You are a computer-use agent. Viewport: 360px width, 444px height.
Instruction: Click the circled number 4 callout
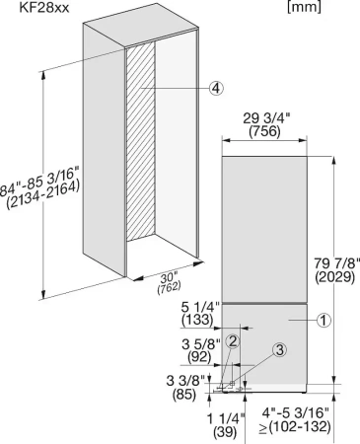tap(217, 88)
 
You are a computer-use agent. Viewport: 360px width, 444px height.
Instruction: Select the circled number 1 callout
tap(324, 319)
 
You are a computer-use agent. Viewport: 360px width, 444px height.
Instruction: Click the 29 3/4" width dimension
tap(262, 118)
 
